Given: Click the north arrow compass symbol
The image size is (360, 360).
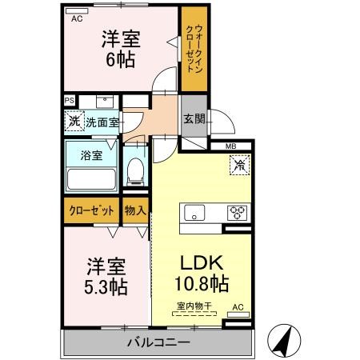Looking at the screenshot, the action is [284, 340].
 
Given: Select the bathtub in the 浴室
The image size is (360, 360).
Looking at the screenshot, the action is [91, 179].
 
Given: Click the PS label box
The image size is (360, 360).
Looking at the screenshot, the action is [70, 101].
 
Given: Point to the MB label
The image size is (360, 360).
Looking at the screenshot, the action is [230, 146].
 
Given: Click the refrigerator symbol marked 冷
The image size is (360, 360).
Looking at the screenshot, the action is [240, 165].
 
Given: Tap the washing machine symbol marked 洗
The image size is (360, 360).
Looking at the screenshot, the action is [74, 121].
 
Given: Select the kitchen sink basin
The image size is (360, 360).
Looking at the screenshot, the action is [194, 213].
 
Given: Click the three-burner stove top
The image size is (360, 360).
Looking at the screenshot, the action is [237, 213].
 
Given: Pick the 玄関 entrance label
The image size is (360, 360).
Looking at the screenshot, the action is [194, 119].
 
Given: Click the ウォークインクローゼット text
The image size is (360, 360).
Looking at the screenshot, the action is [194, 49].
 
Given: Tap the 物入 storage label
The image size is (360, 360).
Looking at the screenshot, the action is [135, 210].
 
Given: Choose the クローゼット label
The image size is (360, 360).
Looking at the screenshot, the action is [91, 210].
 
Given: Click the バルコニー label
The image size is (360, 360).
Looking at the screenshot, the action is [158, 342].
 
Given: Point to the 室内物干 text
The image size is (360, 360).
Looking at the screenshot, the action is [194, 306].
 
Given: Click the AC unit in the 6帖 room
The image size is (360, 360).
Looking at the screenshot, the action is [77, 11].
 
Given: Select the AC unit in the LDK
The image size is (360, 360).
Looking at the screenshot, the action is [238, 315].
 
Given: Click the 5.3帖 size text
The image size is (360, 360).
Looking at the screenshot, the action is [106, 287].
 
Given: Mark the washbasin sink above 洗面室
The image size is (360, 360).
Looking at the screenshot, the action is [105, 102].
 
